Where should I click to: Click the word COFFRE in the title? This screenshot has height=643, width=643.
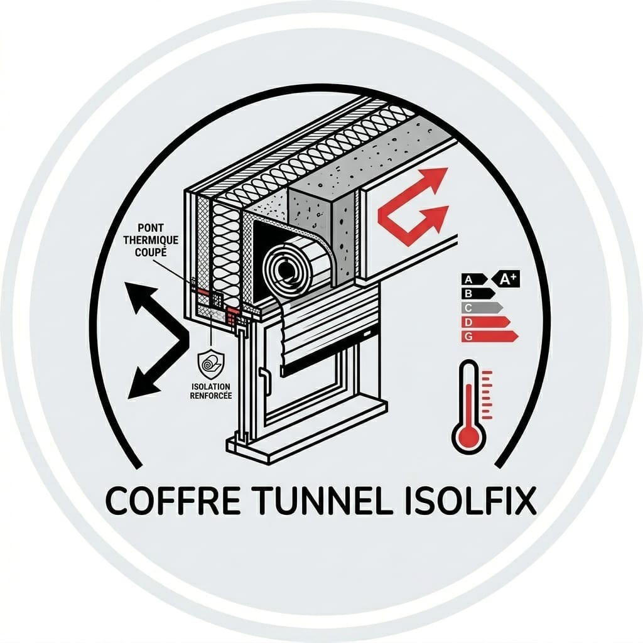[x=173, y=500]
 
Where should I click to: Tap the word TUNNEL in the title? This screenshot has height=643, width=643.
[x=321, y=500]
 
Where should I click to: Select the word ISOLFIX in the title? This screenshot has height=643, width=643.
[x=470, y=500]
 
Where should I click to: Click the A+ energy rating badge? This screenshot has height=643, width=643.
[x=505, y=279]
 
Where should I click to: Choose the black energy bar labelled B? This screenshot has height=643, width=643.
[x=478, y=294]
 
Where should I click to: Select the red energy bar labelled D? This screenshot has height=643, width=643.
[x=486, y=322]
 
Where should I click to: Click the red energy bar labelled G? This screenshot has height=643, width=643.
[x=490, y=337]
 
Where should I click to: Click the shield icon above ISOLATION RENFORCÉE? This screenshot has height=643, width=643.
[x=211, y=364]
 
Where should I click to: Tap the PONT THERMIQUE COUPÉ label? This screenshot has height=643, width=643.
[x=151, y=240]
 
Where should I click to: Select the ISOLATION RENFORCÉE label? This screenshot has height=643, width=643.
[x=211, y=391]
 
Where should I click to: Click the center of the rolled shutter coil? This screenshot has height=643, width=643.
[x=284, y=269]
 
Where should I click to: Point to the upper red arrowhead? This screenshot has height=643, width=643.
[x=436, y=180]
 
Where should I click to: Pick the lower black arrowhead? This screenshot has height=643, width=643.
[x=141, y=384]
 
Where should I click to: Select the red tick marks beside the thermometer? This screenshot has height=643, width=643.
[x=487, y=395]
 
